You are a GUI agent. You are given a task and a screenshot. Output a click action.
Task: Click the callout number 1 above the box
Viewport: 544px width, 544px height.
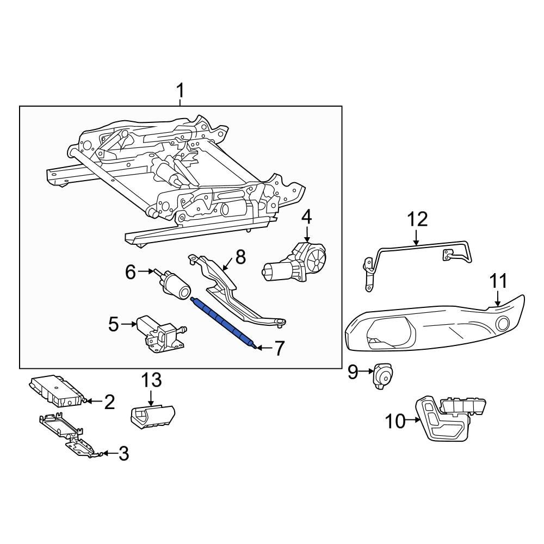pos(181,91)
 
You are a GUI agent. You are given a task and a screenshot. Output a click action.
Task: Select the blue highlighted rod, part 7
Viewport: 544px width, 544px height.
pos(224,322)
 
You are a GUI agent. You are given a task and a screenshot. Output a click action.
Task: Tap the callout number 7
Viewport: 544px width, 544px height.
pos(279,349)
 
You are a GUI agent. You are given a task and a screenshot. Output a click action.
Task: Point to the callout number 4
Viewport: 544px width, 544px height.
pos(307,217)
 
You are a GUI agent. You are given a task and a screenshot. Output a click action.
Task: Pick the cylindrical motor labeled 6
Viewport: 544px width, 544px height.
pos(174,283)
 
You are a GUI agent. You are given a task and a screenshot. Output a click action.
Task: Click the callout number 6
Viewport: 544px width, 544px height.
pos(130,271)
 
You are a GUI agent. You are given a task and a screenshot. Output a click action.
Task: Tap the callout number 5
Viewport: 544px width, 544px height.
pos(113,325)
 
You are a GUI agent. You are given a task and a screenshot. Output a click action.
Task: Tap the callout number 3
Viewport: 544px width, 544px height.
pos(123,454)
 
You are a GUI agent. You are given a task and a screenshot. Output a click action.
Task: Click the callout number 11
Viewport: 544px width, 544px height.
pos(498,282)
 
